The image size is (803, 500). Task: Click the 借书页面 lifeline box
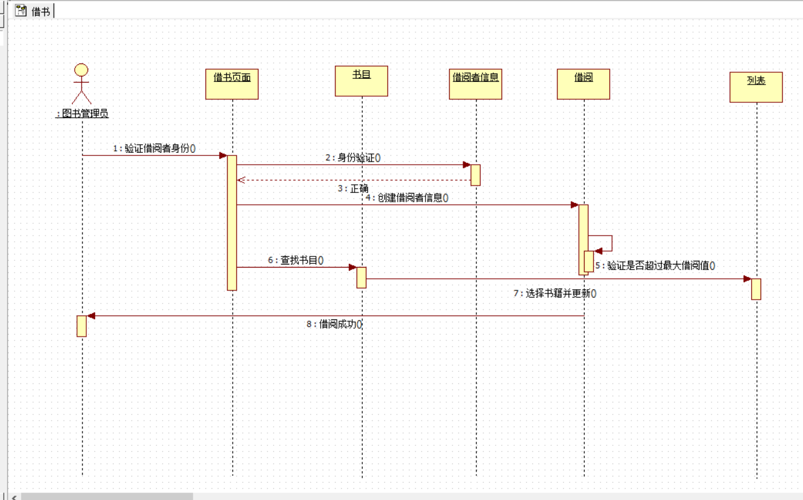[x=232, y=84]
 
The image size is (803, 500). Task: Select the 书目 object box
[x=361, y=81]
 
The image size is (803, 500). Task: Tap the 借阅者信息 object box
[x=476, y=84]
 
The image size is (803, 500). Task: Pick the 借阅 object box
[x=583, y=84]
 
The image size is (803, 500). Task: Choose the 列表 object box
[x=756, y=87]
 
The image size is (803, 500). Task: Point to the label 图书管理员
[x=83, y=113]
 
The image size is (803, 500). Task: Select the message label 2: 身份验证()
[x=353, y=158]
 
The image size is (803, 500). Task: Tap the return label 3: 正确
[x=353, y=189]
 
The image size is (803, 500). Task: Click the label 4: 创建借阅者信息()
[x=406, y=198]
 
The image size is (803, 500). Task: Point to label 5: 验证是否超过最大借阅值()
[x=655, y=266]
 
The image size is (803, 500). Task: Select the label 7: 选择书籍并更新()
[x=554, y=293]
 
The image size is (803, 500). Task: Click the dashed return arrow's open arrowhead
[x=241, y=180]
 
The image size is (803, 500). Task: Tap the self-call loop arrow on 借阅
[x=607, y=242]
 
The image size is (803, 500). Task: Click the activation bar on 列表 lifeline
[x=756, y=289]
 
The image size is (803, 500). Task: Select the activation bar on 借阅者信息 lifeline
[x=476, y=174]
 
